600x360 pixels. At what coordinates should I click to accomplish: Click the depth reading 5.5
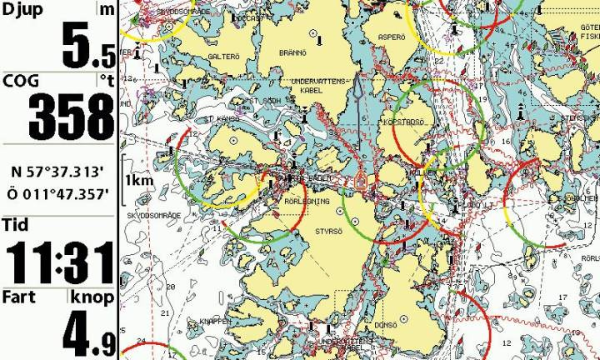point(88,47)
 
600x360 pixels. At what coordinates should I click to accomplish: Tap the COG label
point(20,81)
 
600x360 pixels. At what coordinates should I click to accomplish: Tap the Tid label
point(15,225)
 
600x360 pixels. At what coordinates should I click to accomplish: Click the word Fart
point(18,297)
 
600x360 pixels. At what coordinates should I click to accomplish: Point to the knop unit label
point(92,297)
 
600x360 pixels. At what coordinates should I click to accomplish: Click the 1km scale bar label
point(137,180)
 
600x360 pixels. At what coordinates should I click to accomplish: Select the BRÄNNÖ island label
point(295,52)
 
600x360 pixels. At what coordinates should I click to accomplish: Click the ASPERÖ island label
point(391,37)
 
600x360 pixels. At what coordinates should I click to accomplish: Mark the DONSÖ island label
point(385,325)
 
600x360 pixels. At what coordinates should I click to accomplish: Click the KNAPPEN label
point(214,321)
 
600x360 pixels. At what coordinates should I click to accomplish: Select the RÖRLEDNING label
point(285,201)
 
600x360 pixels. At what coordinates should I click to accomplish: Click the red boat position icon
point(361,180)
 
